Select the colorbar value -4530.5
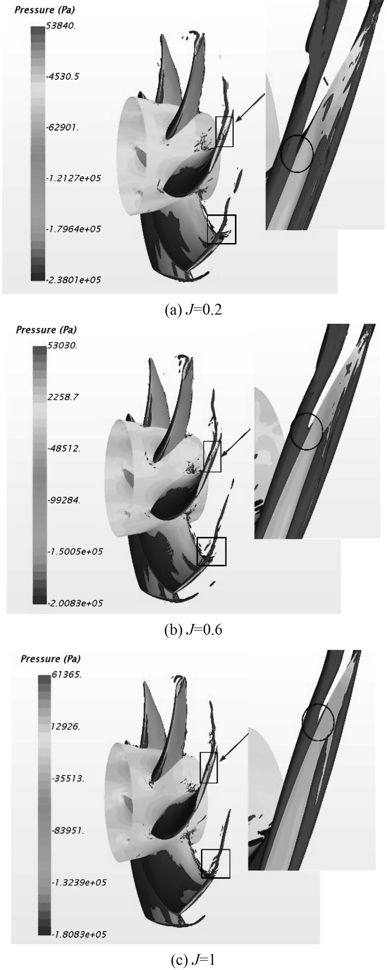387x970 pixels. [63, 77]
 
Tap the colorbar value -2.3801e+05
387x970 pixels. [73, 280]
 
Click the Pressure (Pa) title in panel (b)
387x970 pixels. [46, 330]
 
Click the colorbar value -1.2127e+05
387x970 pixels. [73, 178]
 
